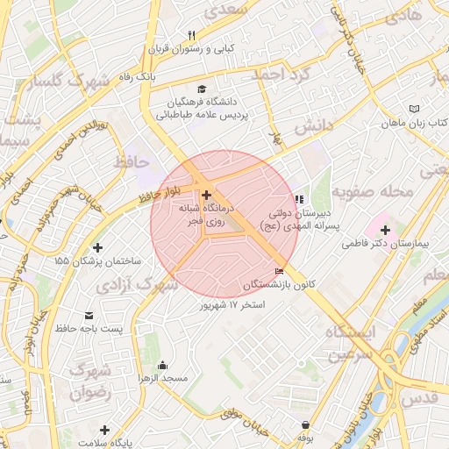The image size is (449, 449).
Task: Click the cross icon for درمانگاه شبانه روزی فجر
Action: [206, 195]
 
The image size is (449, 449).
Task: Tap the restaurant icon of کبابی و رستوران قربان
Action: [192, 35]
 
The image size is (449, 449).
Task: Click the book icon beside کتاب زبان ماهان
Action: [415, 109]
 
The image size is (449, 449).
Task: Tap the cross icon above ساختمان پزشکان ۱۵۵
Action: [96, 248]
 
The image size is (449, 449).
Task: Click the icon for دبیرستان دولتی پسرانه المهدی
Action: [299, 199]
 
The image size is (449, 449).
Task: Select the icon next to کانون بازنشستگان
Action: [280, 272]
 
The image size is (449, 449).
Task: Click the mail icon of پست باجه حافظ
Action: [89, 315]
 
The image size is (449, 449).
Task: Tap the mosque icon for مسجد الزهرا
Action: [161, 365]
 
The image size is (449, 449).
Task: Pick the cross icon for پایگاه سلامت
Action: [104, 430]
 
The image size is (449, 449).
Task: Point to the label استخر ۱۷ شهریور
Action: [233, 304]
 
